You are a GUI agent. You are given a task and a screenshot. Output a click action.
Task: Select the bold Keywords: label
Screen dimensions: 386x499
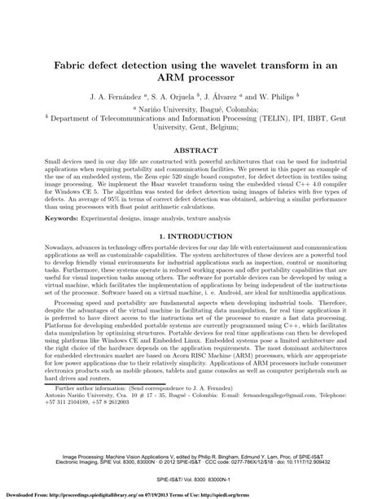(x=44, y=241)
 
